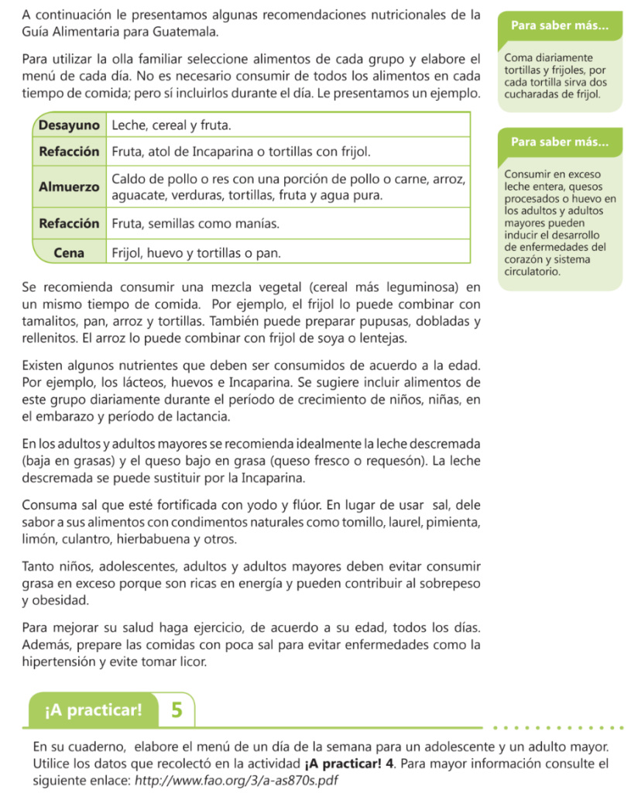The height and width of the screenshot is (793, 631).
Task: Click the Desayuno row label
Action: pyautogui.click(x=70, y=125)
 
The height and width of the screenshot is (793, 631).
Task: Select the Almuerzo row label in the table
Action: pyautogui.click(x=70, y=187)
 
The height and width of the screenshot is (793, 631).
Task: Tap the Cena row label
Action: pyautogui.click(x=70, y=252)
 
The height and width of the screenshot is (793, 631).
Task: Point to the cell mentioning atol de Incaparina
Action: pyautogui.click(x=241, y=151)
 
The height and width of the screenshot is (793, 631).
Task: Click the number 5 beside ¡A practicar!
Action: pyautogui.click(x=177, y=710)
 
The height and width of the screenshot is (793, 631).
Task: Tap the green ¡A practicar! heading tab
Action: pyautogui.click(x=94, y=710)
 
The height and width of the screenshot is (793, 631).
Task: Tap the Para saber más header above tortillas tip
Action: pyautogui.click(x=559, y=26)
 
